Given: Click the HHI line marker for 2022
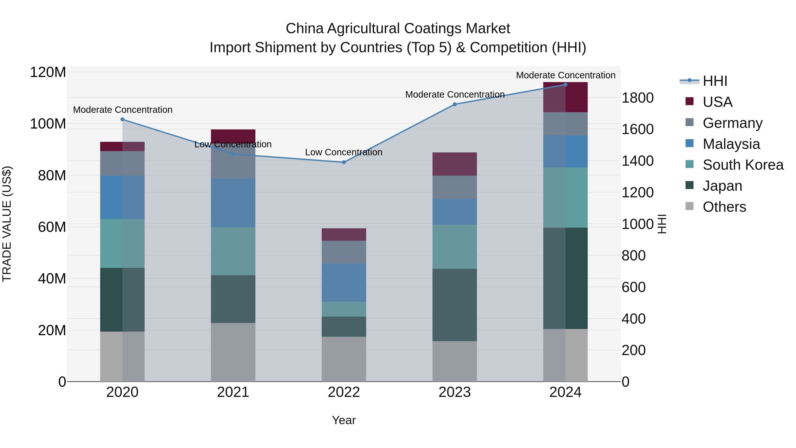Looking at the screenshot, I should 344,162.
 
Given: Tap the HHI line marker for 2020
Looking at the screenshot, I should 122,119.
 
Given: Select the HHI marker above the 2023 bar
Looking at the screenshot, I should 455,104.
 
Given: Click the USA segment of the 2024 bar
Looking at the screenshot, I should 565,97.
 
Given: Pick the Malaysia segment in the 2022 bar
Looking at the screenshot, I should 344,283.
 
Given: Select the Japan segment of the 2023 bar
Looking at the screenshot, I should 455,305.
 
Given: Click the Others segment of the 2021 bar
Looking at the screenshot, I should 233,352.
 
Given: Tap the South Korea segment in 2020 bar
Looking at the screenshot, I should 122,243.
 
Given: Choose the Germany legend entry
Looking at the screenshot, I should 732,123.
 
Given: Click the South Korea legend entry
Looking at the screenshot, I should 743,165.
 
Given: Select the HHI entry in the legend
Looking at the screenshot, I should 715,81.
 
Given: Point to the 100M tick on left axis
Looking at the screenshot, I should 48,124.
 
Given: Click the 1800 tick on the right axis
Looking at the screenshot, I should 637,98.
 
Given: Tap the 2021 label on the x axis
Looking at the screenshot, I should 233,392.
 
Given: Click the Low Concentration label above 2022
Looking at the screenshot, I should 344,152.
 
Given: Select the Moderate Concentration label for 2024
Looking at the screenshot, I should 565,75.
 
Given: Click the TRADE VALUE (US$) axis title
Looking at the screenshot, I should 7,224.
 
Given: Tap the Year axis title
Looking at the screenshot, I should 344,421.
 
